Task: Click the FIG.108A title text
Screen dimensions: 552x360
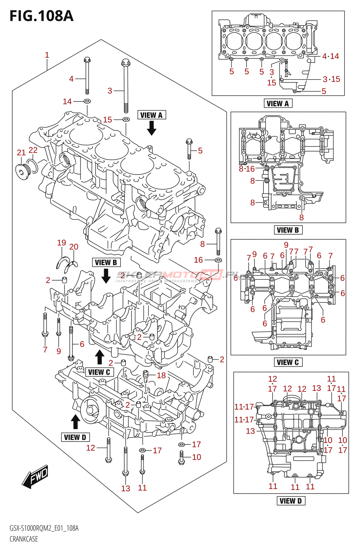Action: (x=41, y=16)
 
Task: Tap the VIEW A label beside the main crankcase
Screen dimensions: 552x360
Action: (x=151, y=115)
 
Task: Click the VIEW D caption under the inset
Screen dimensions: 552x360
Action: (x=291, y=501)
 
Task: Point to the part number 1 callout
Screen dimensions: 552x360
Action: (x=47, y=55)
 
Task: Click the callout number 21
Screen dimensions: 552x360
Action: (x=21, y=152)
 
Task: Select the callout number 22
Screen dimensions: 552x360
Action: (x=33, y=150)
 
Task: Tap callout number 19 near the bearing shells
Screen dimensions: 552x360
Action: (x=61, y=243)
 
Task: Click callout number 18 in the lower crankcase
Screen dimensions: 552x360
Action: (x=161, y=375)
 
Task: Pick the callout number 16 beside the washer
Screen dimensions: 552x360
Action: (x=198, y=260)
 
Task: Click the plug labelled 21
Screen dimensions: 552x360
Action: (x=22, y=172)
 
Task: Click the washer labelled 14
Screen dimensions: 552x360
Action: (x=87, y=101)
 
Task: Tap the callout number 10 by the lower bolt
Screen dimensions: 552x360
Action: (x=197, y=457)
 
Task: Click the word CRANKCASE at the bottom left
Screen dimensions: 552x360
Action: (x=24, y=539)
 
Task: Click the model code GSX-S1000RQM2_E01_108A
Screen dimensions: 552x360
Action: (x=44, y=528)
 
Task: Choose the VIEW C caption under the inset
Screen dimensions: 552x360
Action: (x=288, y=362)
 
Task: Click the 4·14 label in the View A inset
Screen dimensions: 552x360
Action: (x=330, y=56)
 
